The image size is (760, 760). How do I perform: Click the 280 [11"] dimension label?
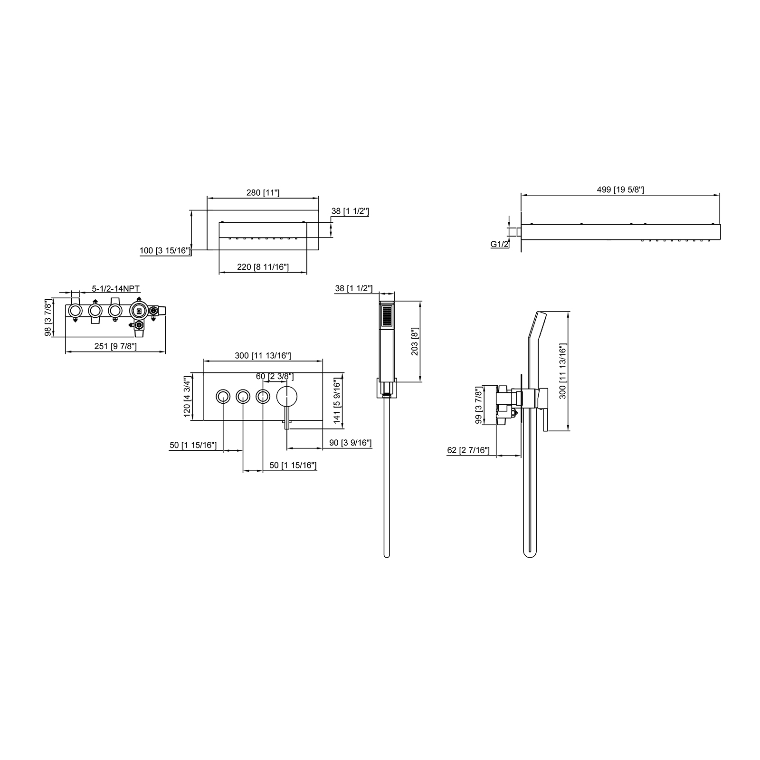[x=263, y=192]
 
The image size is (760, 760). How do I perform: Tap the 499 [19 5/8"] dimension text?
[x=620, y=190]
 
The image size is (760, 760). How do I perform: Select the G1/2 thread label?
[x=500, y=244]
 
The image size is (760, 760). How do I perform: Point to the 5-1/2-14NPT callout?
[x=116, y=288]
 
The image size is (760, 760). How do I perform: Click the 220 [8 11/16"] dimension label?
[x=263, y=267]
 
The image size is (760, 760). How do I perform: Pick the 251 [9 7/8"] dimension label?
[x=115, y=346]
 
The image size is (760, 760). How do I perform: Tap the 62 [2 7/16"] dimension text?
[x=468, y=450]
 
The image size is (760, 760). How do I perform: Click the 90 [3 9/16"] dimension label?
[x=351, y=443]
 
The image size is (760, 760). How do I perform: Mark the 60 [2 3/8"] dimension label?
[x=275, y=376]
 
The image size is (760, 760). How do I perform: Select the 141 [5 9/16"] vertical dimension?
[x=337, y=400]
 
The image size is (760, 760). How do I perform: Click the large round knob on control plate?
[x=287, y=396]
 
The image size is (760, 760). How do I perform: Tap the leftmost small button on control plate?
[x=223, y=396]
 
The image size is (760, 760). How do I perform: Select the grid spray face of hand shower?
[x=387, y=316]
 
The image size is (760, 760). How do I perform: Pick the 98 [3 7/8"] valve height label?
[x=48, y=318]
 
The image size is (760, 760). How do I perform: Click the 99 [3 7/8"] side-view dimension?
[x=479, y=405]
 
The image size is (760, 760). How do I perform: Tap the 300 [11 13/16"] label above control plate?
[x=263, y=355]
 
